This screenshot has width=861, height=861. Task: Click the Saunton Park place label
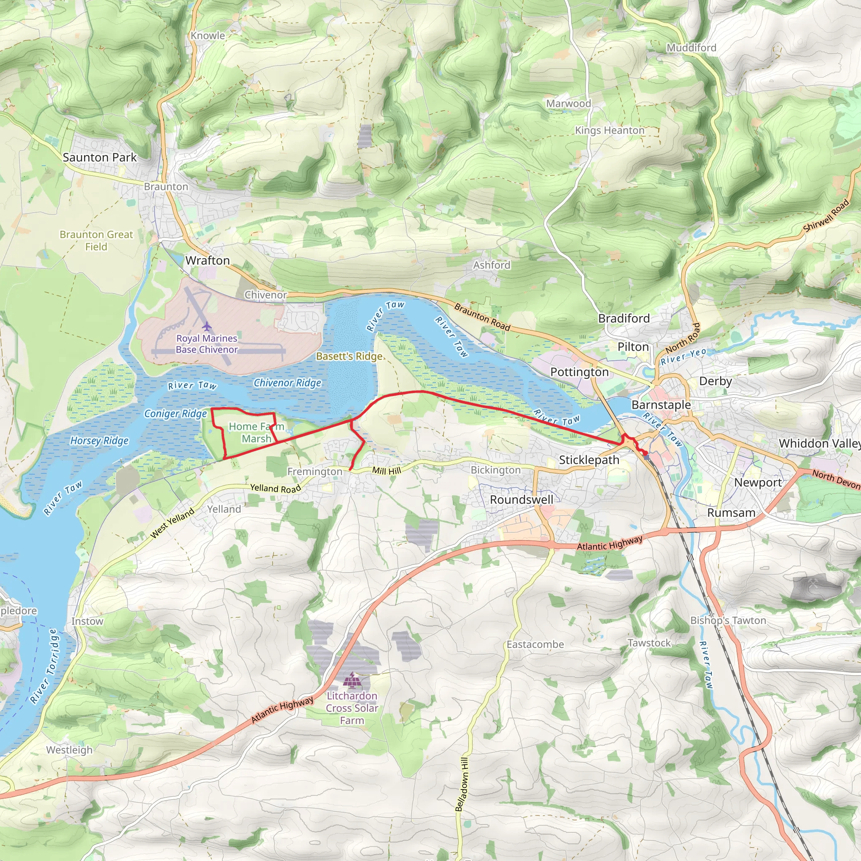coord(99,157)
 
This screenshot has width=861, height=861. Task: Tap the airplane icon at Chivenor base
coord(206,326)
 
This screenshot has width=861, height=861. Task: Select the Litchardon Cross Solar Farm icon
coord(352,680)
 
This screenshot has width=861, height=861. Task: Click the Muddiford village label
coord(691,48)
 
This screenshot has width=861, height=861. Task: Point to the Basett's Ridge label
coord(349,356)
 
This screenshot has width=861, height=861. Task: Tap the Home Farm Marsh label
coord(256,432)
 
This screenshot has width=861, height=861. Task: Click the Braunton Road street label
coord(482,317)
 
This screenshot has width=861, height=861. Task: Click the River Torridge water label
coord(43,666)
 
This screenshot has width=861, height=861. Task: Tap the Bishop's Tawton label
coord(728,621)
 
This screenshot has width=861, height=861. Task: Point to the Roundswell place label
coord(521,499)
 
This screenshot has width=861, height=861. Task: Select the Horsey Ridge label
coord(99,441)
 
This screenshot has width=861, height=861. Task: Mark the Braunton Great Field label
coord(96,240)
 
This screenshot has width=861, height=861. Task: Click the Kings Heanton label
coord(609,130)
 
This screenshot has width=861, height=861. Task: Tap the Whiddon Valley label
coord(819,443)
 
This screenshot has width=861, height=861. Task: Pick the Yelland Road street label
coord(275,488)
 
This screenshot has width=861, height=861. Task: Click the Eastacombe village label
coord(535,644)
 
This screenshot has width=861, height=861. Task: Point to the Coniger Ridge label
coord(176,414)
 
